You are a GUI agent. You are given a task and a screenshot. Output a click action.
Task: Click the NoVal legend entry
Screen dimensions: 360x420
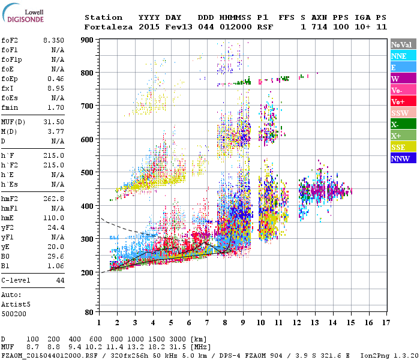401,44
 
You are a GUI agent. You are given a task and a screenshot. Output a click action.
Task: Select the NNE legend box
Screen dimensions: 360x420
401,56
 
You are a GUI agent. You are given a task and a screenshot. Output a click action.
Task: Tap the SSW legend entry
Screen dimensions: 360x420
401,113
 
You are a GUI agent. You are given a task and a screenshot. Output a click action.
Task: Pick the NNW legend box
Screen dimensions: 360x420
401,158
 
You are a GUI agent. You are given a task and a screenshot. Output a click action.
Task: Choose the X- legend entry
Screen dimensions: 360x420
401,124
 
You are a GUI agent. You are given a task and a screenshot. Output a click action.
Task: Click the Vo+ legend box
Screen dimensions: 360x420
401,101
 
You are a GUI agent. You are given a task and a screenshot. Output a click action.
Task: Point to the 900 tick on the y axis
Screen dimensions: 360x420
89,40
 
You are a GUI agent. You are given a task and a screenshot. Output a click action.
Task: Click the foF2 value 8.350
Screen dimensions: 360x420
53,40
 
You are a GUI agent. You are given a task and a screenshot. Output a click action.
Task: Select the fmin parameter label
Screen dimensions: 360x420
11,107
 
